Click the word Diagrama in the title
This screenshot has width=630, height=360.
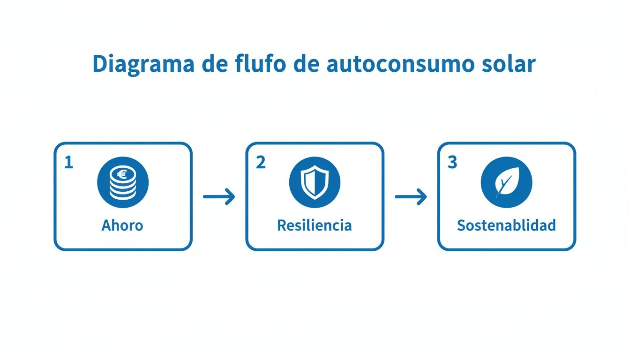[143, 64]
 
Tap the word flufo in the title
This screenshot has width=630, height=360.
[258, 64]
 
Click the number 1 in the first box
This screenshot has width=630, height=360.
[69, 163]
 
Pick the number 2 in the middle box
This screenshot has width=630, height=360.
[261, 163]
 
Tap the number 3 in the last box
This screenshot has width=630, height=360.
[452, 163]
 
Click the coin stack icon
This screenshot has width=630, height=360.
[123, 183]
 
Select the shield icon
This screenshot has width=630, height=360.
[315, 183]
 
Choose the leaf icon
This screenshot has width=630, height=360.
[506, 183]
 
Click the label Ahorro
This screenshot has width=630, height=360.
[122, 225]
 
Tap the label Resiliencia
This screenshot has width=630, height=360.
[314, 225]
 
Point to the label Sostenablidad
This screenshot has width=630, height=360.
[506, 225]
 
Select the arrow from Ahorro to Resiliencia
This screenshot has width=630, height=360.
[219, 197]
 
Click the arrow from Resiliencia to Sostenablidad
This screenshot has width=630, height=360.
[411, 197]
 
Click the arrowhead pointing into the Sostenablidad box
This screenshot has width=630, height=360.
[422, 197]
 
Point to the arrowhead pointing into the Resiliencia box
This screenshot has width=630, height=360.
[230, 197]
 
